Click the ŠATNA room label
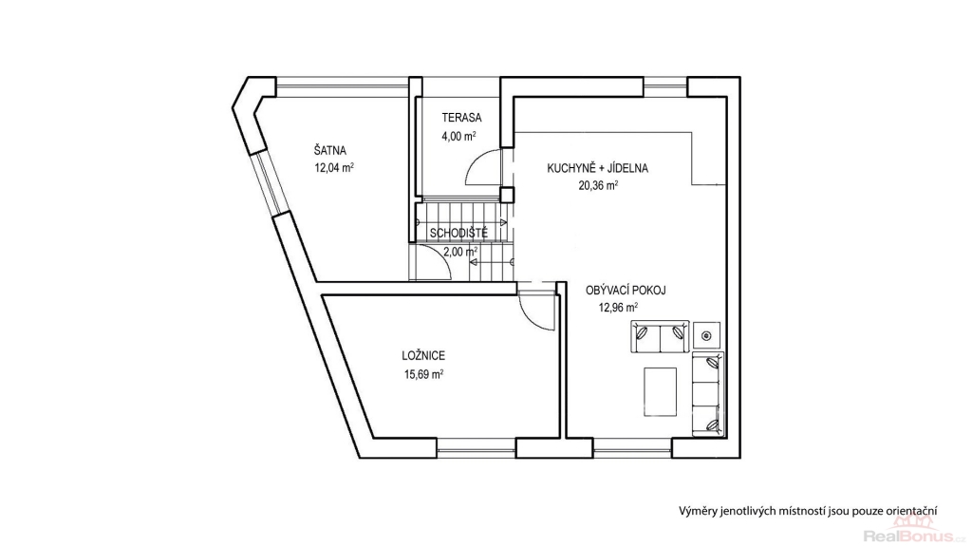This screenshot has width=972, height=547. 329,151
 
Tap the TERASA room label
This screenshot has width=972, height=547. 461,117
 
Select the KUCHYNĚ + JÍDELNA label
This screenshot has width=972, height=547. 597,168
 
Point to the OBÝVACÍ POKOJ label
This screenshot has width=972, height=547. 626,291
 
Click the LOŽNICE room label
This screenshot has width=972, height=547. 423,356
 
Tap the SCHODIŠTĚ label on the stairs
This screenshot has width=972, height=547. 458,234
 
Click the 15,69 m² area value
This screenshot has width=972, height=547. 423,374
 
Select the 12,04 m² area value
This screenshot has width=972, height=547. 334,167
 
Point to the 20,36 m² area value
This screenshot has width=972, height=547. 598,185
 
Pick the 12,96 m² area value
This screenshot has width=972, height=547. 618,307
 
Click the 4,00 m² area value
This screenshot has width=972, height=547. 458,137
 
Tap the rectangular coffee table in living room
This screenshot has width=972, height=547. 660,392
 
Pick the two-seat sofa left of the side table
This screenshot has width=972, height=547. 660,336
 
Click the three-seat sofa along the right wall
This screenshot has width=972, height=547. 707,394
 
